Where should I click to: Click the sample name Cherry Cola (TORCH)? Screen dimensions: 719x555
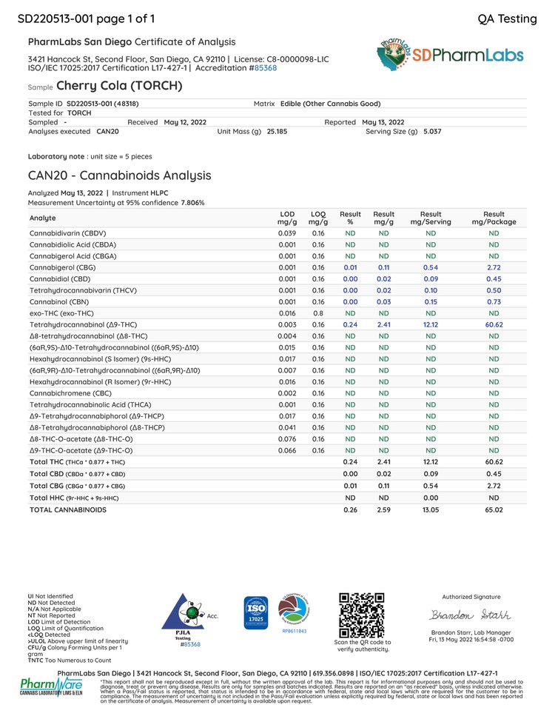(119, 86)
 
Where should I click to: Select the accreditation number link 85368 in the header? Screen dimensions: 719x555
(266, 67)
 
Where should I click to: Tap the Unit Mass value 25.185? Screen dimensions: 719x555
(277, 130)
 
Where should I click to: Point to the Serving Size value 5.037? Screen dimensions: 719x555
(432, 130)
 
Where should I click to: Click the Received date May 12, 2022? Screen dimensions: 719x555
(185, 121)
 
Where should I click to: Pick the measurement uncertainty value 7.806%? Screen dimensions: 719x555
(192, 202)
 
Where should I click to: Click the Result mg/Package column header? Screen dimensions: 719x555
(494, 218)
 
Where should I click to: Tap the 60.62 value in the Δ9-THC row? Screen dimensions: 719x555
(494, 324)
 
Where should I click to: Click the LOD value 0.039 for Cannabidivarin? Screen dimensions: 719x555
(287, 233)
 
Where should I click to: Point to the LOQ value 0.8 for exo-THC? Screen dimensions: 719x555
(318, 312)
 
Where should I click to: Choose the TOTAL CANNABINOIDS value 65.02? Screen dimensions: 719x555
(494, 509)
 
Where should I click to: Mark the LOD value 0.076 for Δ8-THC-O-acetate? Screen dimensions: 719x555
(287, 438)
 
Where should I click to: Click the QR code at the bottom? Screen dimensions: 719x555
(362, 615)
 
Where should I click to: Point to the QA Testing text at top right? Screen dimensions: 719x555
(508, 19)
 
